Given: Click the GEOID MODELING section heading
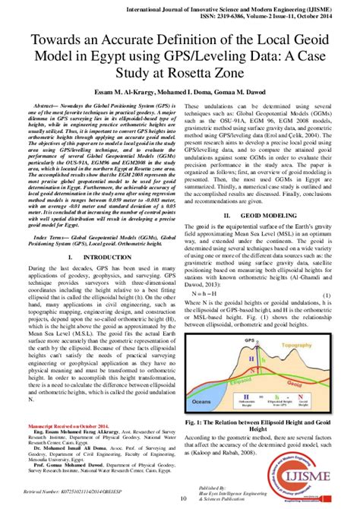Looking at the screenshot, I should pyautogui.click(x=266, y=215).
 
